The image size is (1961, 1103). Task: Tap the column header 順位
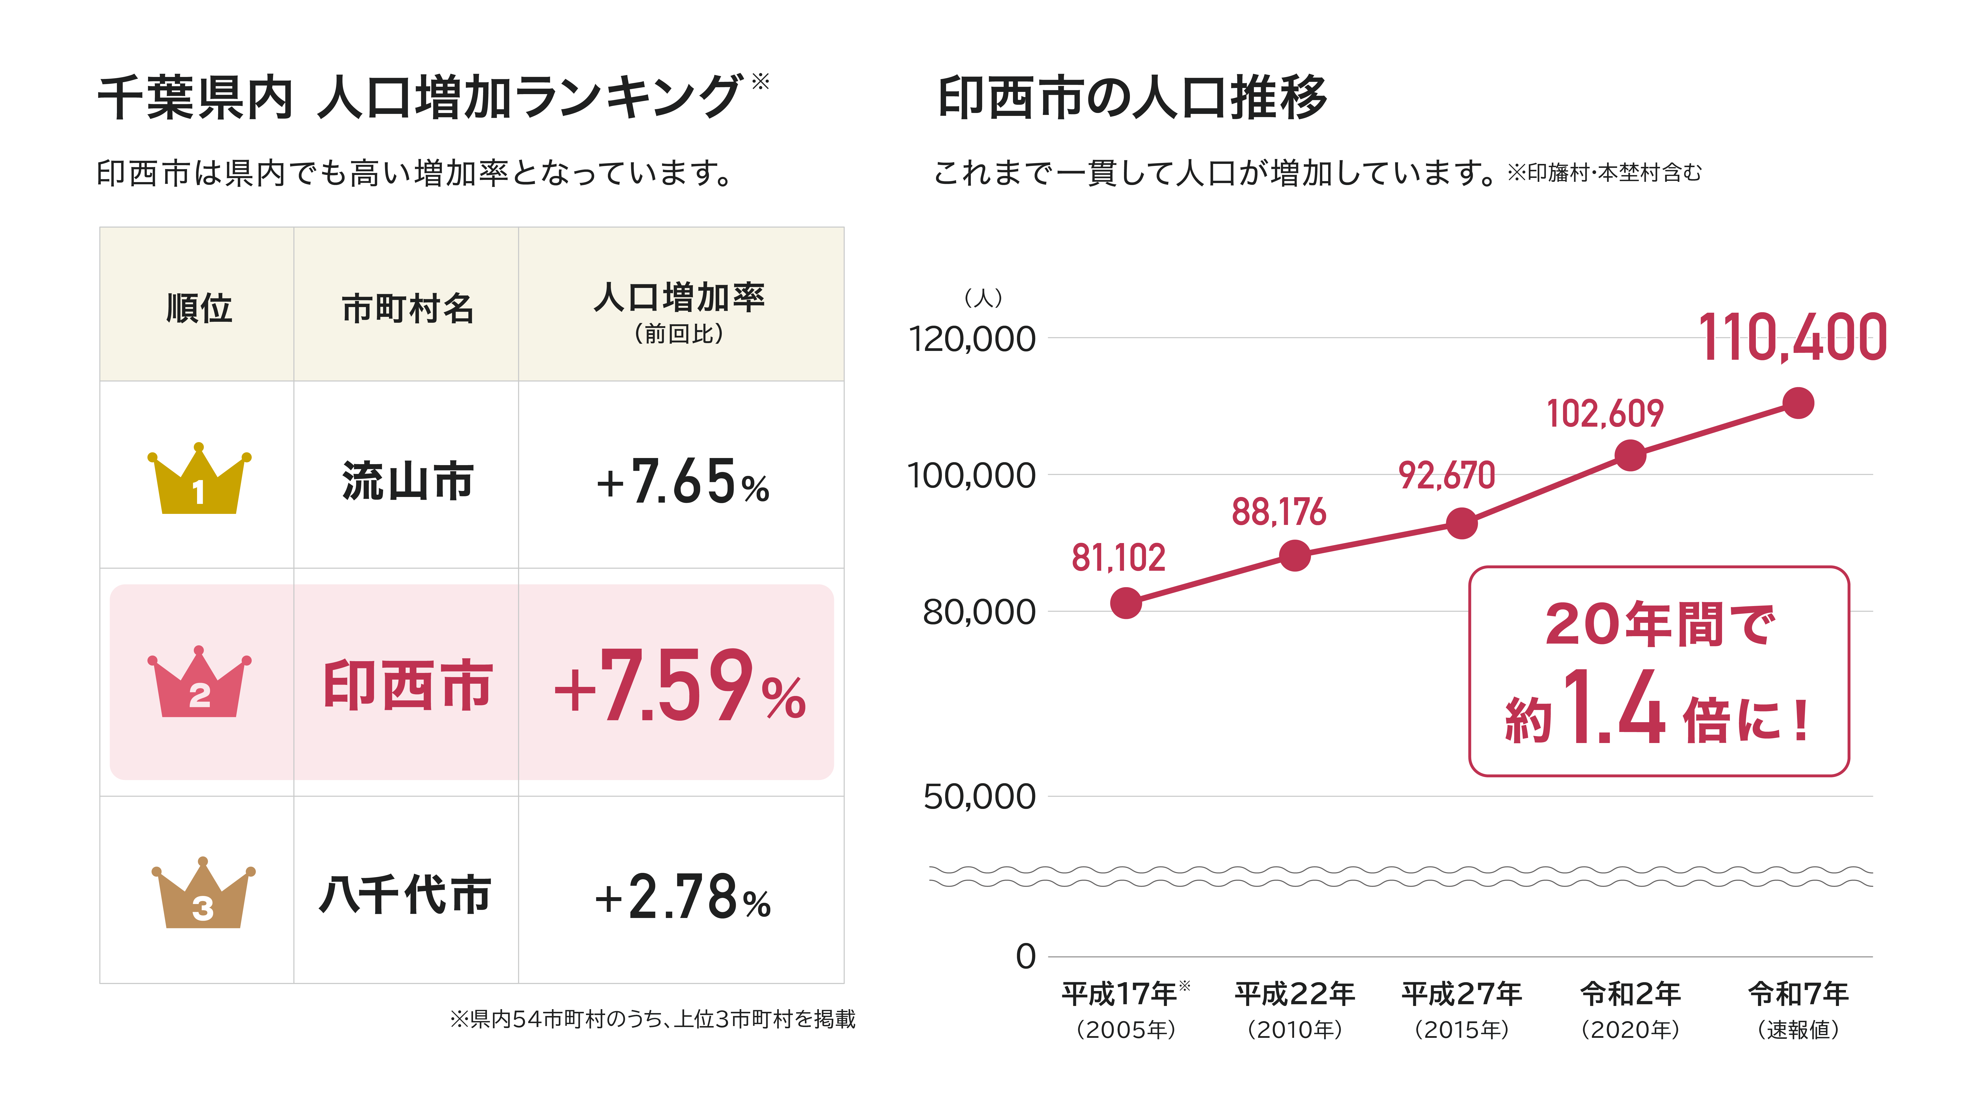pos(199,308)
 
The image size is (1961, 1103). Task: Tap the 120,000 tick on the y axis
pos(972,339)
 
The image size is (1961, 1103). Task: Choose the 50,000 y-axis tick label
pos(980,797)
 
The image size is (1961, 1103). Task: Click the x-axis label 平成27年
pos(1461,993)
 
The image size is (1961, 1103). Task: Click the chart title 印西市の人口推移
pos(1133,98)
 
